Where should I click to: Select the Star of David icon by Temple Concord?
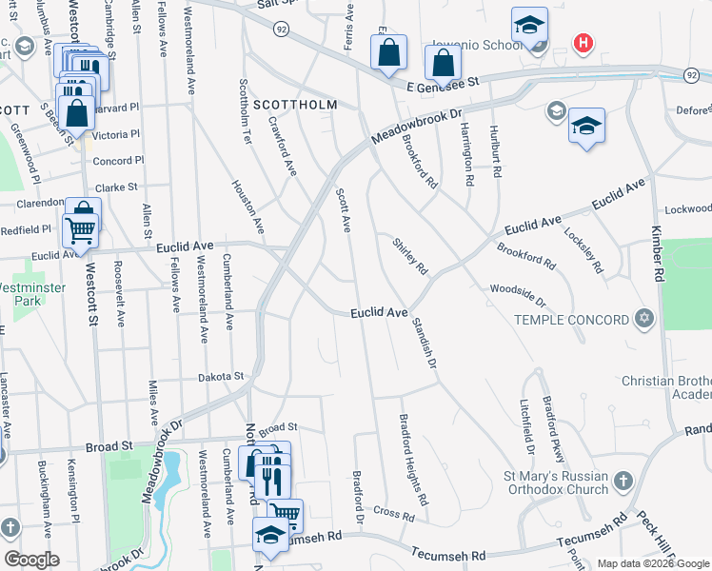coord(644,318)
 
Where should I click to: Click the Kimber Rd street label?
coord(657,253)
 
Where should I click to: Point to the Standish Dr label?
coord(425,343)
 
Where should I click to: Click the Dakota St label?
coord(221,377)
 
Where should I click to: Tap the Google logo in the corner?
coord(31,560)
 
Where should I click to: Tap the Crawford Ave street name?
coord(284,145)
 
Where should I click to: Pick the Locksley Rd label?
coord(583,250)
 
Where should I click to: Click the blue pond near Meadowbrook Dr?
coord(172,476)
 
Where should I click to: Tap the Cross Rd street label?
coord(394,515)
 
